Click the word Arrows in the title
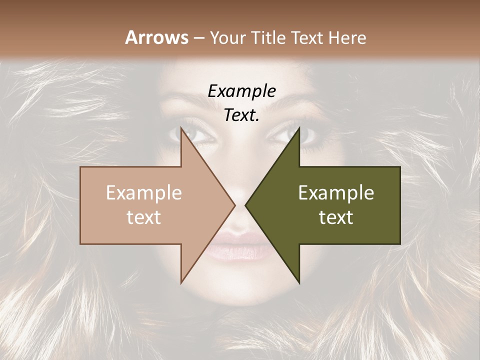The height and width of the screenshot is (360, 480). tap(156, 37)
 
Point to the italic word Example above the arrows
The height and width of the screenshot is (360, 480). tap(241, 91)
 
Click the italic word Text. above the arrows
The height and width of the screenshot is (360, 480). tap(241, 115)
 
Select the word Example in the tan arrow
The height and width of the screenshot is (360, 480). tap(144, 192)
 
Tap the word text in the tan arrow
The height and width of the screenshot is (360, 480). tap(144, 217)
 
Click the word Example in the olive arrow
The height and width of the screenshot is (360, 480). tap(336, 192)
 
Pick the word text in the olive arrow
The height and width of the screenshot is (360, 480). tap(336, 217)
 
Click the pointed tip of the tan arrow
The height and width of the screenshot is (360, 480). tap(234, 205)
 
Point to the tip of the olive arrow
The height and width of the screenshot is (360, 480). tap(246, 205)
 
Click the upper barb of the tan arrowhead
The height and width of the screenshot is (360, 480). tap(182, 129)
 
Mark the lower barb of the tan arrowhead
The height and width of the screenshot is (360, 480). tap(182, 281)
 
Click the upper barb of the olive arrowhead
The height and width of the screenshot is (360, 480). tap(298, 129)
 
